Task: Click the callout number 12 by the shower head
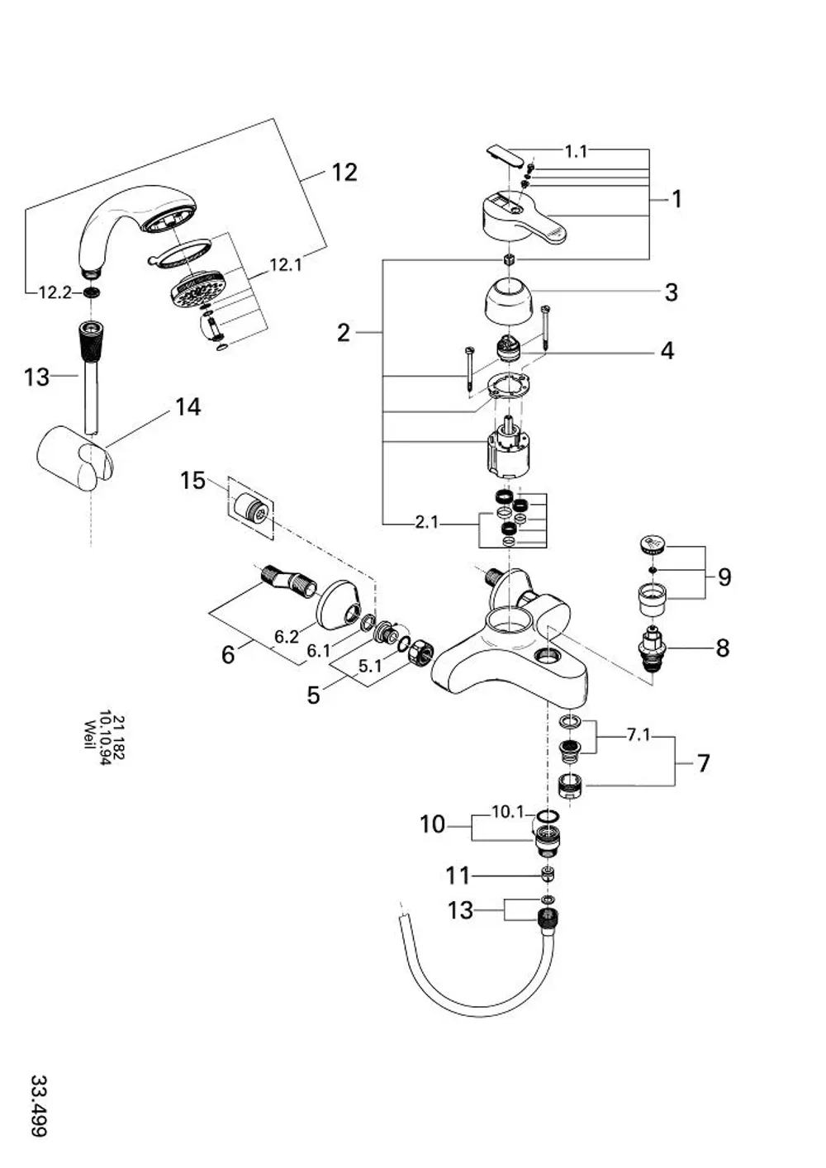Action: [344, 172]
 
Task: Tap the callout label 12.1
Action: [286, 265]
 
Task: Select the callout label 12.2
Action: [55, 292]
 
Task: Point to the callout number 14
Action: [188, 407]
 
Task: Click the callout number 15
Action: [193, 480]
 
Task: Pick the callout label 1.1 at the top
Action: [576, 151]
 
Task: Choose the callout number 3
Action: [671, 292]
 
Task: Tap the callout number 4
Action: [667, 350]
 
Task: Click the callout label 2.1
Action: [427, 522]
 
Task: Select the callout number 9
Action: [725, 577]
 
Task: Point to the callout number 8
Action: [722, 648]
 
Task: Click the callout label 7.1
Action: [638, 735]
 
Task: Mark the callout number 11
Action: [458, 876]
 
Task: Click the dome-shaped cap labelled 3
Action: [509, 301]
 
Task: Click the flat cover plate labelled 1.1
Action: [505, 156]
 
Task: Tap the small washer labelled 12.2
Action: [92, 292]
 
